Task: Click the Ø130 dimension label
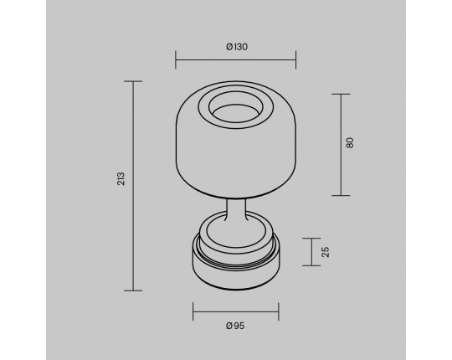[x=237, y=47]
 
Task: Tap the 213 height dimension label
[x=121, y=178]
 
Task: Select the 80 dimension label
[x=350, y=143]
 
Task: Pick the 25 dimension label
[x=325, y=252]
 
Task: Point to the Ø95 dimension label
[x=235, y=326]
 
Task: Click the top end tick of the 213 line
[x=133, y=81]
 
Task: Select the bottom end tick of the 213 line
[x=133, y=291]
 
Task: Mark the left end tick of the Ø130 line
[x=176, y=60]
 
